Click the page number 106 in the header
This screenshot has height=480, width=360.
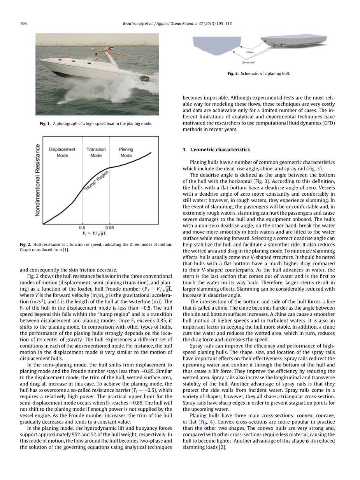point(23,24)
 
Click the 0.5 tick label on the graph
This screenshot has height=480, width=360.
point(82,227)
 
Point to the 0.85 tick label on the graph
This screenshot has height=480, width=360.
point(110,227)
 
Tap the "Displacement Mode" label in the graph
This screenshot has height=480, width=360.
point(62,152)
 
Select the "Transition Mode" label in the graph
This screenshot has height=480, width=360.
point(96,152)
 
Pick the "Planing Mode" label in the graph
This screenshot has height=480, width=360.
point(126,152)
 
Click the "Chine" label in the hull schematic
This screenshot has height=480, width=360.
point(250,52)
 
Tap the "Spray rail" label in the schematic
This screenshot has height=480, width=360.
point(248,61)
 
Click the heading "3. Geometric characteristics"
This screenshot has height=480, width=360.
point(216,150)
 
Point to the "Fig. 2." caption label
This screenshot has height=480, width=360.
point(25,245)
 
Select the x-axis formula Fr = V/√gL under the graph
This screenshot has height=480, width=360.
point(96,233)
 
